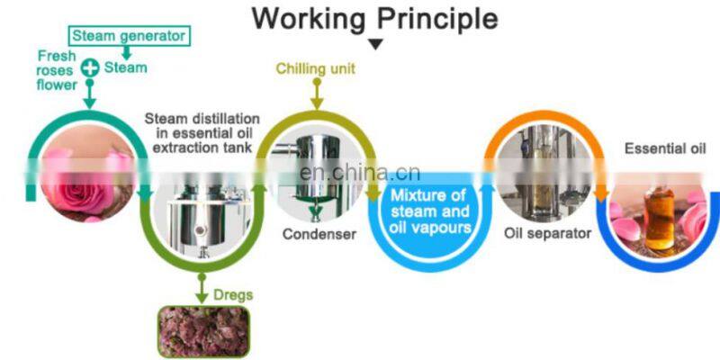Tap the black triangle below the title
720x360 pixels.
[x=376, y=43]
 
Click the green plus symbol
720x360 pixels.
[x=90, y=67]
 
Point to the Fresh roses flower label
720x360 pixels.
[x=57, y=70]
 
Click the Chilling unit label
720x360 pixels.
[x=315, y=68]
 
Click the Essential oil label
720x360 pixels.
[x=665, y=148]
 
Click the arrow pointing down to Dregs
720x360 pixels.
[x=199, y=286]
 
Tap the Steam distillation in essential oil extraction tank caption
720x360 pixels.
[x=203, y=133]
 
